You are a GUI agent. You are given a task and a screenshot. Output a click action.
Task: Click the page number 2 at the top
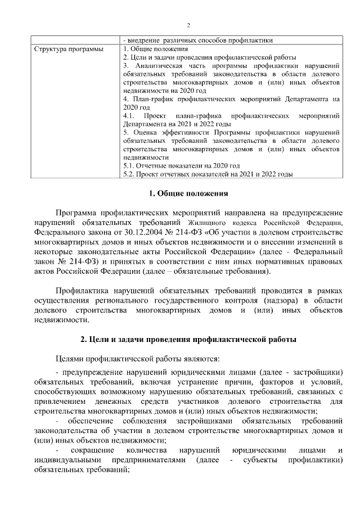[188, 25]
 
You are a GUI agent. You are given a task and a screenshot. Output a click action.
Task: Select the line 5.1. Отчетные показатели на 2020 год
[181, 166]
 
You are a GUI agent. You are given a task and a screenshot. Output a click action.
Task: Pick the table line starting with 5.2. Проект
[208, 174]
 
